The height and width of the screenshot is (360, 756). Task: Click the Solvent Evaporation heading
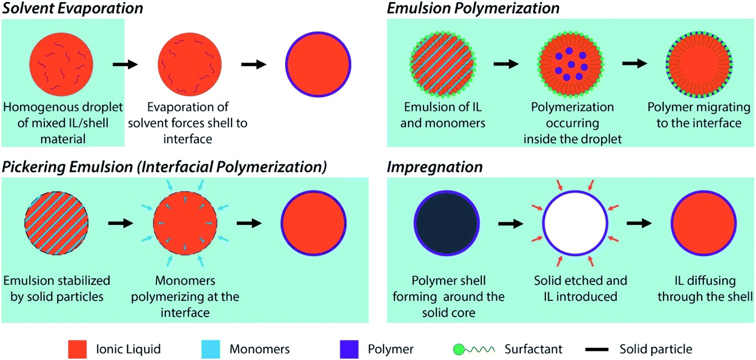tap(72, 8)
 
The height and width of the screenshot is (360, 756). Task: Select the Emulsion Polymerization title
tap(473, 8)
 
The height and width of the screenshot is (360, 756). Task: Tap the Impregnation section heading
tap(434, 167)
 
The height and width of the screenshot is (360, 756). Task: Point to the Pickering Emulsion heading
tap(164, 167)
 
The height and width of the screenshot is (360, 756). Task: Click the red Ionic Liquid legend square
tap(77, 349)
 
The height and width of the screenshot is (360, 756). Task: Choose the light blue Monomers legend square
tap(210, 349)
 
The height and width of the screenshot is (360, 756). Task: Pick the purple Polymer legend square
tap(349, 349)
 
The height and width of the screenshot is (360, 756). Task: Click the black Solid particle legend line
tap(596, 349)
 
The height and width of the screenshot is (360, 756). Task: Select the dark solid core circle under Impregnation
tap(447, 223)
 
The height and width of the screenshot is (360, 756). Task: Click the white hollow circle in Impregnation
tap(575, 223)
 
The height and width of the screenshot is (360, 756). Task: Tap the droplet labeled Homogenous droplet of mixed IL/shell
tap(61, 64)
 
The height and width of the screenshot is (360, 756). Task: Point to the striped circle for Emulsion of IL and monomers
tap(442, 64)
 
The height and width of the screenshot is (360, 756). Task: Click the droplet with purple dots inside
tap(570, 64)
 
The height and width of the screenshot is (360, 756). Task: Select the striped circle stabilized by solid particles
tap(56, 223)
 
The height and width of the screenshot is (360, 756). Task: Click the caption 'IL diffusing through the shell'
tap(705, 288)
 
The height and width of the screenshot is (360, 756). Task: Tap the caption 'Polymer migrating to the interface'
tap(699, 115)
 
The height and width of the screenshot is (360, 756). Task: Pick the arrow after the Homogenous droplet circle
tap(125, 64)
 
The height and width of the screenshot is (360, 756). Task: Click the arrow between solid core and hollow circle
tap(511, 223)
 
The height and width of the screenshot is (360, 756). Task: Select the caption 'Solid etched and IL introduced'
tap(580, 288)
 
